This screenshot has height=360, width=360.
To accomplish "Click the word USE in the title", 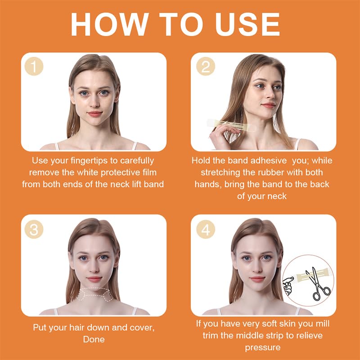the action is [247, 24].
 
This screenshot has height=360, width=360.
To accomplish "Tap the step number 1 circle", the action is [34, 66].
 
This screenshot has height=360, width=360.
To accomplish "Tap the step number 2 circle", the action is [206, 66].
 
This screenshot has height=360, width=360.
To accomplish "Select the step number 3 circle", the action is [34, 229].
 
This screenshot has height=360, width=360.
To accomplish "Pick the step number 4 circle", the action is [206, 229].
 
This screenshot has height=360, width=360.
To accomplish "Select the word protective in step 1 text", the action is [117, 173].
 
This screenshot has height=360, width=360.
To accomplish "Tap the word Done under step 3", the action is [94, 339].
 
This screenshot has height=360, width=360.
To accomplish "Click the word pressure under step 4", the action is [263, 347].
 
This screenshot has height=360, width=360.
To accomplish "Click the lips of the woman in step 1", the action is [95, 114].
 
